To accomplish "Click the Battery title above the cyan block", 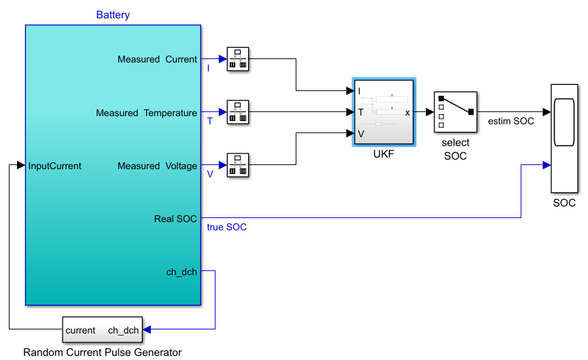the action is click(x=113, y=15).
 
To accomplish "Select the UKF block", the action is click(x=383, y=112).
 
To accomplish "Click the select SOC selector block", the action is click(x=455, y=112).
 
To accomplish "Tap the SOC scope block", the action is click(x=564, y=139).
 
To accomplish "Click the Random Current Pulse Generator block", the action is click(x=103, y=329).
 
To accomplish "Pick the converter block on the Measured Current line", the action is click(x=238, y=59).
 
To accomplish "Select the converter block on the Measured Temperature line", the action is click(x=238, y=111).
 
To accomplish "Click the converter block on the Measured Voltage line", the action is click(x=238, y=165).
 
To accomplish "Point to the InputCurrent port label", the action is click(x=55, y=166).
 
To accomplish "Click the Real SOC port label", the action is click(x=175, y=219).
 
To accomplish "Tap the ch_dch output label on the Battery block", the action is click(x=181, y=272).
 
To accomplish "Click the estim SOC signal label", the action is click(x=511, y=121).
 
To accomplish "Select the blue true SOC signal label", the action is click(x=227, y=227).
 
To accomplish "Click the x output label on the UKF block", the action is click(x=407, y=112).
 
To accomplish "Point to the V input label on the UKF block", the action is click(x=361, y=134).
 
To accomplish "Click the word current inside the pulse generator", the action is click(x=80, y=330).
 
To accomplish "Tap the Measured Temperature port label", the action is click(x=146, y=113).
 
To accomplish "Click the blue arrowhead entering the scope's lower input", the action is click(x=547, y=165).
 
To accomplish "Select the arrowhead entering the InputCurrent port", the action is click(x=21, y=165).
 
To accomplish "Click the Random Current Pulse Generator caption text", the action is click(x=103, y=353).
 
